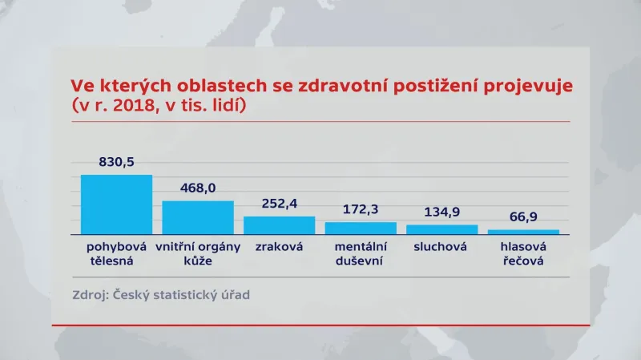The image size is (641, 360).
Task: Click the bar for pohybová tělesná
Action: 116,204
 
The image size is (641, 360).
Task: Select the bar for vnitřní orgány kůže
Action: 198,216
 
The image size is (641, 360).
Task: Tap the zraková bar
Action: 279,224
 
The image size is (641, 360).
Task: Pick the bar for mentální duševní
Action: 361,228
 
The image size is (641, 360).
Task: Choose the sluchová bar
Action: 441,229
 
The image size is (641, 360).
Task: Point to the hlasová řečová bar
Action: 523,232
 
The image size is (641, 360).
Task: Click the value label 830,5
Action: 117,162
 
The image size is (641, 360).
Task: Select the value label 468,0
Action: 198,188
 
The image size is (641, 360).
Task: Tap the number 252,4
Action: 280,204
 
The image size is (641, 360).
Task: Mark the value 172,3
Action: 361,210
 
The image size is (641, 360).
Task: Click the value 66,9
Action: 523,217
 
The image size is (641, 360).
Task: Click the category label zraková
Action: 280,247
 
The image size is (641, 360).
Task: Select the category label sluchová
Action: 441,247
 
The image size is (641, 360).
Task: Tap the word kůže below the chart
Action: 197,261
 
